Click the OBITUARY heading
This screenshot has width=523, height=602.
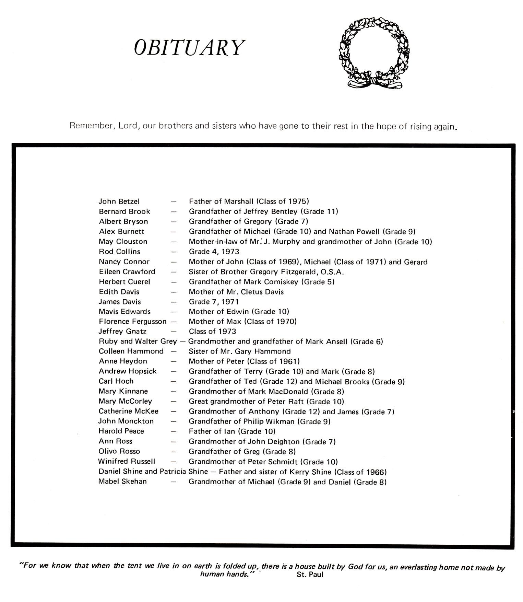189,47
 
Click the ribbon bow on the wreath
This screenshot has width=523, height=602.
375,82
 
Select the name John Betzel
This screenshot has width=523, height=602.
119,201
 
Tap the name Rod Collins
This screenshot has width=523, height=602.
119,252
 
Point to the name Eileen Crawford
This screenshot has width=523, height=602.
127,271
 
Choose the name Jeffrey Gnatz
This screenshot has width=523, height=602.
122,331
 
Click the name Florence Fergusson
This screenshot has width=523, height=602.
132,321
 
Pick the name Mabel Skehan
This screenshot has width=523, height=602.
122,481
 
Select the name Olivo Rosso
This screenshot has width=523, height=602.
119,451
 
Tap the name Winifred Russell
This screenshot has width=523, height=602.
127,461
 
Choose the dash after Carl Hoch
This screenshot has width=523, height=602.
174,381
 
